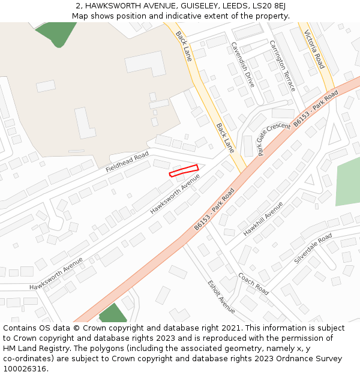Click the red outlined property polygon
point(184,170)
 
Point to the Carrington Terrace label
point(282,66)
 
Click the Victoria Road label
point(314,49)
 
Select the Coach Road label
point(253,284)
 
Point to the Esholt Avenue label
point(221,296)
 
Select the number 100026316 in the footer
point(25,369)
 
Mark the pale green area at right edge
point(348,183)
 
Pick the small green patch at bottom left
point(113,314)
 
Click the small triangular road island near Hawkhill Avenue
point(310,179)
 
